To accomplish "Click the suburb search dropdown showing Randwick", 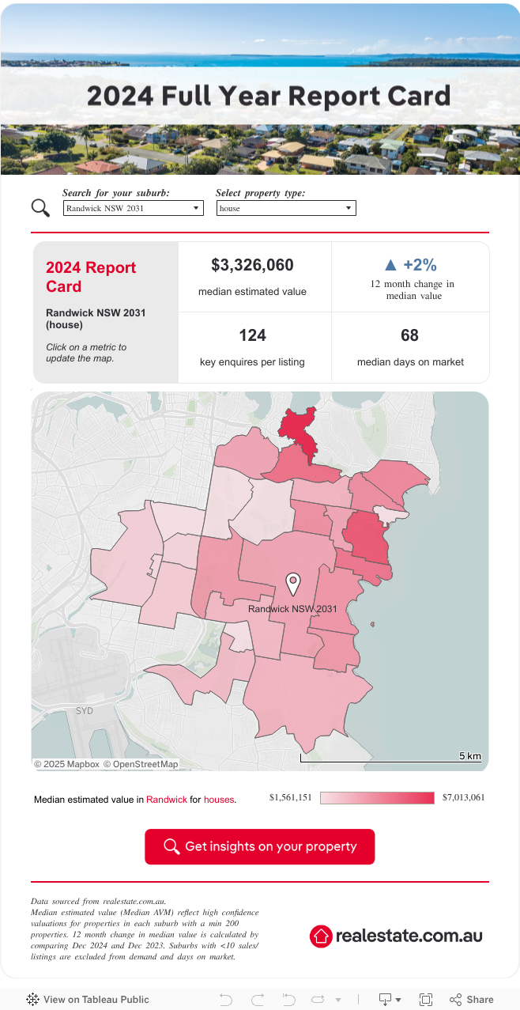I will coord(133,208).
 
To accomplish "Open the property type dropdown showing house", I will coord(285,208).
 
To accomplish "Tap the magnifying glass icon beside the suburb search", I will coord(40,207).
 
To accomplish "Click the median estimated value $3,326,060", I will coord(252,265).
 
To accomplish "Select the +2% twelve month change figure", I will coord(420,265).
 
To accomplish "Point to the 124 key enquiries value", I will coord(252,335).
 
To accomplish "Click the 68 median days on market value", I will coord(409,335).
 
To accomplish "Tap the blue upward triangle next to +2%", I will coord(390,265).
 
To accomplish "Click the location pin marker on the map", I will coord(293,584).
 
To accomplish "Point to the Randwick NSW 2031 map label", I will coord(292,609).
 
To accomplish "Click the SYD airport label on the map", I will coord(85,711).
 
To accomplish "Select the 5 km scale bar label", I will coord(469,756).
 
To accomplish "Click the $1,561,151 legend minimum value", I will coord(290,797).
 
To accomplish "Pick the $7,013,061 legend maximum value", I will coord(463,797).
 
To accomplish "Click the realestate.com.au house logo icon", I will coord(321,936).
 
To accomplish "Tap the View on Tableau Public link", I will coord(96,999).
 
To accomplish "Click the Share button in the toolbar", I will coord(472,999).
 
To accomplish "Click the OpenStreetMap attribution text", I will coord(145,764).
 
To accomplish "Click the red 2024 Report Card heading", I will coord(91,277).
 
